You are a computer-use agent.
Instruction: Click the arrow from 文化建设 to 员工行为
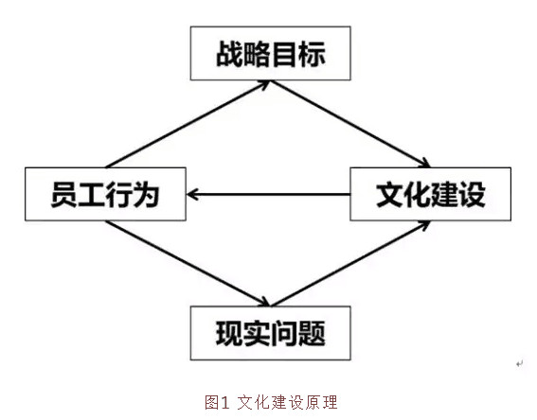(269, 194)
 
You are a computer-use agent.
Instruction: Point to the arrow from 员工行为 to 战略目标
(188, 125)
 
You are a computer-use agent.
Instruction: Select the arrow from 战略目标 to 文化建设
(350, 124)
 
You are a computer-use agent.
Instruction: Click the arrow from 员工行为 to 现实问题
(188, 263)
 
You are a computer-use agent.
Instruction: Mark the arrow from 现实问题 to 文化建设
(350, 263)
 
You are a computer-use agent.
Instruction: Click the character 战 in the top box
(229, 54)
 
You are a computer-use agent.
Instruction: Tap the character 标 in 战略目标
(312, 54)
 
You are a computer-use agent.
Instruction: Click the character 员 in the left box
(64, 194)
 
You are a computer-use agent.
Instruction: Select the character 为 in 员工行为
(147, 194)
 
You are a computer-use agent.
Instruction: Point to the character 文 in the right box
(389, 194)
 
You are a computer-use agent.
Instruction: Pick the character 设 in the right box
(472, 194)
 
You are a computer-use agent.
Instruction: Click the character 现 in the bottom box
(229, 334)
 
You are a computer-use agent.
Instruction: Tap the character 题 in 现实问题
(312, 334)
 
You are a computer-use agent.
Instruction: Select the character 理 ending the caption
(331, 402)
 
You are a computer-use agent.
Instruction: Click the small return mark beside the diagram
(520, 364)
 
